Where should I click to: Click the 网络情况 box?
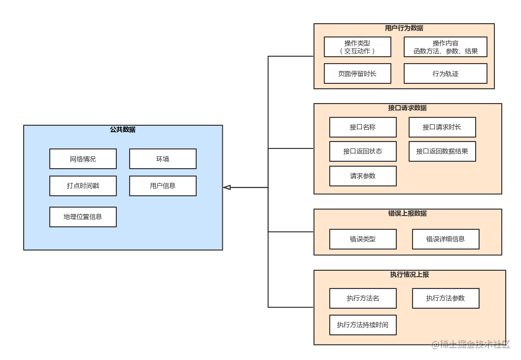(83, 159)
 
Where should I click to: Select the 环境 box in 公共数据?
(163, 159)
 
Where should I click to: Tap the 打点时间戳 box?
(83, 186)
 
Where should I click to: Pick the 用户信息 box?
(163, 186)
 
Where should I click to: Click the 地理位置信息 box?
(83, 217)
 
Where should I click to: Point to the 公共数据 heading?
(123, 130)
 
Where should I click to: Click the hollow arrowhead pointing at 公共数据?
(227, 187)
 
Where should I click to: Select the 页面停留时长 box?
(357, 73)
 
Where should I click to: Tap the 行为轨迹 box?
(446, 73)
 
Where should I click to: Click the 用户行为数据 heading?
(404, 28)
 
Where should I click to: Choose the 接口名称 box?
(363, 127)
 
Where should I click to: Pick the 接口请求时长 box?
(442, 127)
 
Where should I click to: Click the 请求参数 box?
(363, 176)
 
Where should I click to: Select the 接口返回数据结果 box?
(442, 151)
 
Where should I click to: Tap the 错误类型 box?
(363, 239)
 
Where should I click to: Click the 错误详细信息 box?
(446, 239)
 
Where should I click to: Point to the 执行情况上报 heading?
(410, 275)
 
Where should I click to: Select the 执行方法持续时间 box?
(363, 325)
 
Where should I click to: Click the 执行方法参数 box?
(446, 298)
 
